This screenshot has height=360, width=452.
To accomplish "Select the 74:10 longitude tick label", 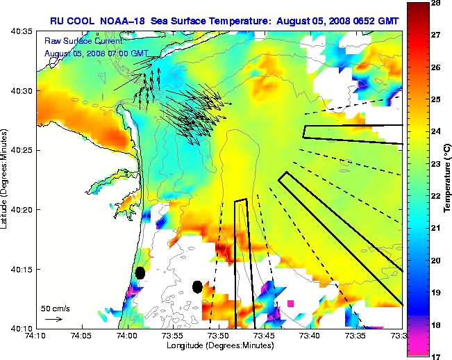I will [x=35, y=335].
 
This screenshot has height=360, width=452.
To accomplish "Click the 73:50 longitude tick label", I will [x=218, y=335].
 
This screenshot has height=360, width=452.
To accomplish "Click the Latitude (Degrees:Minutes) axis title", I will [x=6, y=179].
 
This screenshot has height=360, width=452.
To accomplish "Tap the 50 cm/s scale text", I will [x=55, y=308].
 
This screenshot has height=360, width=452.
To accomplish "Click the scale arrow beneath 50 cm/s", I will [x=53, y=319].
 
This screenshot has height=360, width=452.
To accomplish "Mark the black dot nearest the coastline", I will [x=140, y=272].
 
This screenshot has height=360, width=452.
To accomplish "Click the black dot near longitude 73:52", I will [x=197, y=286].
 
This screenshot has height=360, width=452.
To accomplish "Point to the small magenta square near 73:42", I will [x=290, y=303].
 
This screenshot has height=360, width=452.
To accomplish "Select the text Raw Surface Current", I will [x=78, y=42].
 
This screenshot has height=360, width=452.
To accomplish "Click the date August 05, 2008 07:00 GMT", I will [x=96, y=53].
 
